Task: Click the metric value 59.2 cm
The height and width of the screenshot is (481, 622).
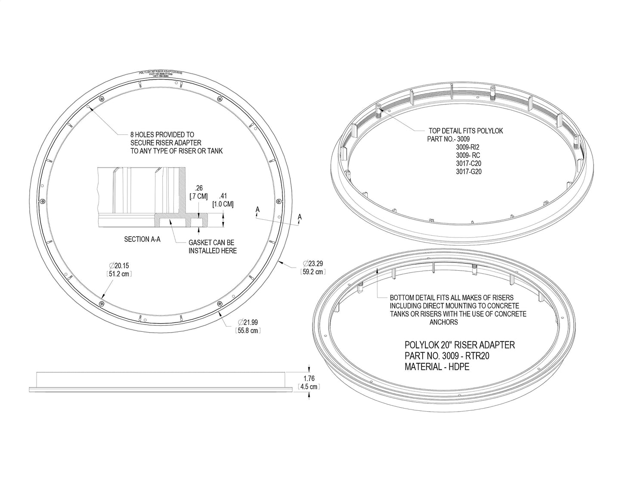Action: [313, 272]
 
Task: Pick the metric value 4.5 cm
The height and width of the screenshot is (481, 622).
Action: [308, 387]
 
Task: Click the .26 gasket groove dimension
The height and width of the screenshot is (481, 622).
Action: [198, 188]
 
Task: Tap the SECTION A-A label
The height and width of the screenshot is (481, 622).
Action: [142, 239]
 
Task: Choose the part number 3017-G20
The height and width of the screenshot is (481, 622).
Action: [469, 172]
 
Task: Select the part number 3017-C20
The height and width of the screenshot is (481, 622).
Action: [469, 163]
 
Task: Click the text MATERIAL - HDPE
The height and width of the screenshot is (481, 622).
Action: [437, 367]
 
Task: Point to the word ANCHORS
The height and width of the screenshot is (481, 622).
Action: [443, 322]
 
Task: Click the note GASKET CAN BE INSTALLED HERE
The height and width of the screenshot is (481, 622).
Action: [213, 247]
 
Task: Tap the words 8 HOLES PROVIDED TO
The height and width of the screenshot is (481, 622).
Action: [162, 134]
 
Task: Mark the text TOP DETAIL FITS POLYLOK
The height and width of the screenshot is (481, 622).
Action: [466, 131]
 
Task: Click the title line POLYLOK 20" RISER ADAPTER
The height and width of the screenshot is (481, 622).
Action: [460, 345]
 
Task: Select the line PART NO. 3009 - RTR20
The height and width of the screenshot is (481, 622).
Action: [447, 356]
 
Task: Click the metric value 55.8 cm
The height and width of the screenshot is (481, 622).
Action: [249, 331]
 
